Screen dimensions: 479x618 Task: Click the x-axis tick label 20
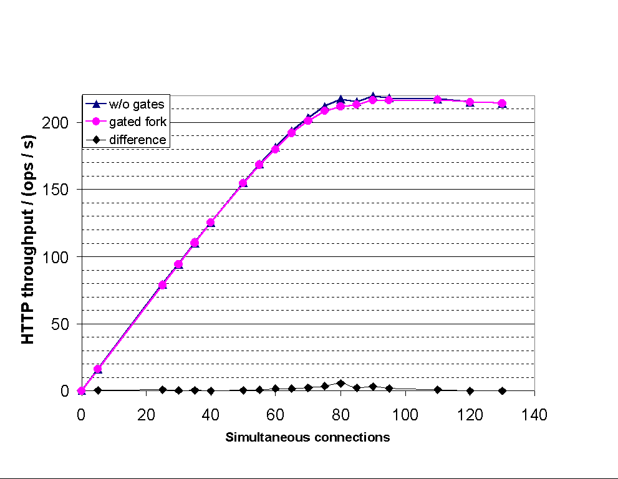point(146,415)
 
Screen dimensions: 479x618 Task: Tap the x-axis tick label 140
point(534,415)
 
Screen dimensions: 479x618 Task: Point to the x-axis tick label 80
point(340,415)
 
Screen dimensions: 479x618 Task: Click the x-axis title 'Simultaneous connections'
point(307,437)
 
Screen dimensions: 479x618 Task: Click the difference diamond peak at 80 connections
point(340,383)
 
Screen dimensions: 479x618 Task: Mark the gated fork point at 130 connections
point(502,104)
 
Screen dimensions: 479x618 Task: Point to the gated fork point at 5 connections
point(97,369)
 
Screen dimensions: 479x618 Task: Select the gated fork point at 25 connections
point(162,285)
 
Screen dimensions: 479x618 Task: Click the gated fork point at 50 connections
point(243,183)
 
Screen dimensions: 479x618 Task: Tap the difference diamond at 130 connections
point(502,390)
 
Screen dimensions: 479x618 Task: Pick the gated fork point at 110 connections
point(437,100)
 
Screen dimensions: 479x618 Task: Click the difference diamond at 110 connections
point(437,389)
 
